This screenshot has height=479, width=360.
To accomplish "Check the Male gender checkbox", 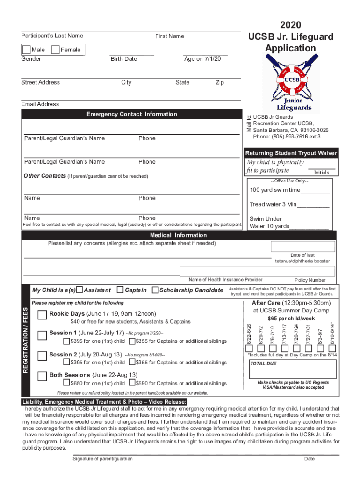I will click(27, 50).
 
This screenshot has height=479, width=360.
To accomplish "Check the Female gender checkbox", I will click(55, 50).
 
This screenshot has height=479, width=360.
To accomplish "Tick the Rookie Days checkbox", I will click(42, 313).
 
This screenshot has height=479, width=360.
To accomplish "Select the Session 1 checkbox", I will click(42, 334).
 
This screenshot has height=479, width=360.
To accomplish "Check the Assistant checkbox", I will click(79, 290).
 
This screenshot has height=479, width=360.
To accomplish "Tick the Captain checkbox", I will click(120, 290).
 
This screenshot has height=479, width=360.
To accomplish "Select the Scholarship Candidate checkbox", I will click(156, 290).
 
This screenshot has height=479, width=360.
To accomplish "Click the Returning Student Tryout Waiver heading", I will click(291, 153).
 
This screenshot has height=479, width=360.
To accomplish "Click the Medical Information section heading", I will click(178, 235).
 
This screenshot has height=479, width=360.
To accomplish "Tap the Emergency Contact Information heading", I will click(132, 115).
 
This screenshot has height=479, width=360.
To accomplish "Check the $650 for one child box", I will click(66, 384).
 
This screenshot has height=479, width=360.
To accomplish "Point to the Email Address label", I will click(40, 104).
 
